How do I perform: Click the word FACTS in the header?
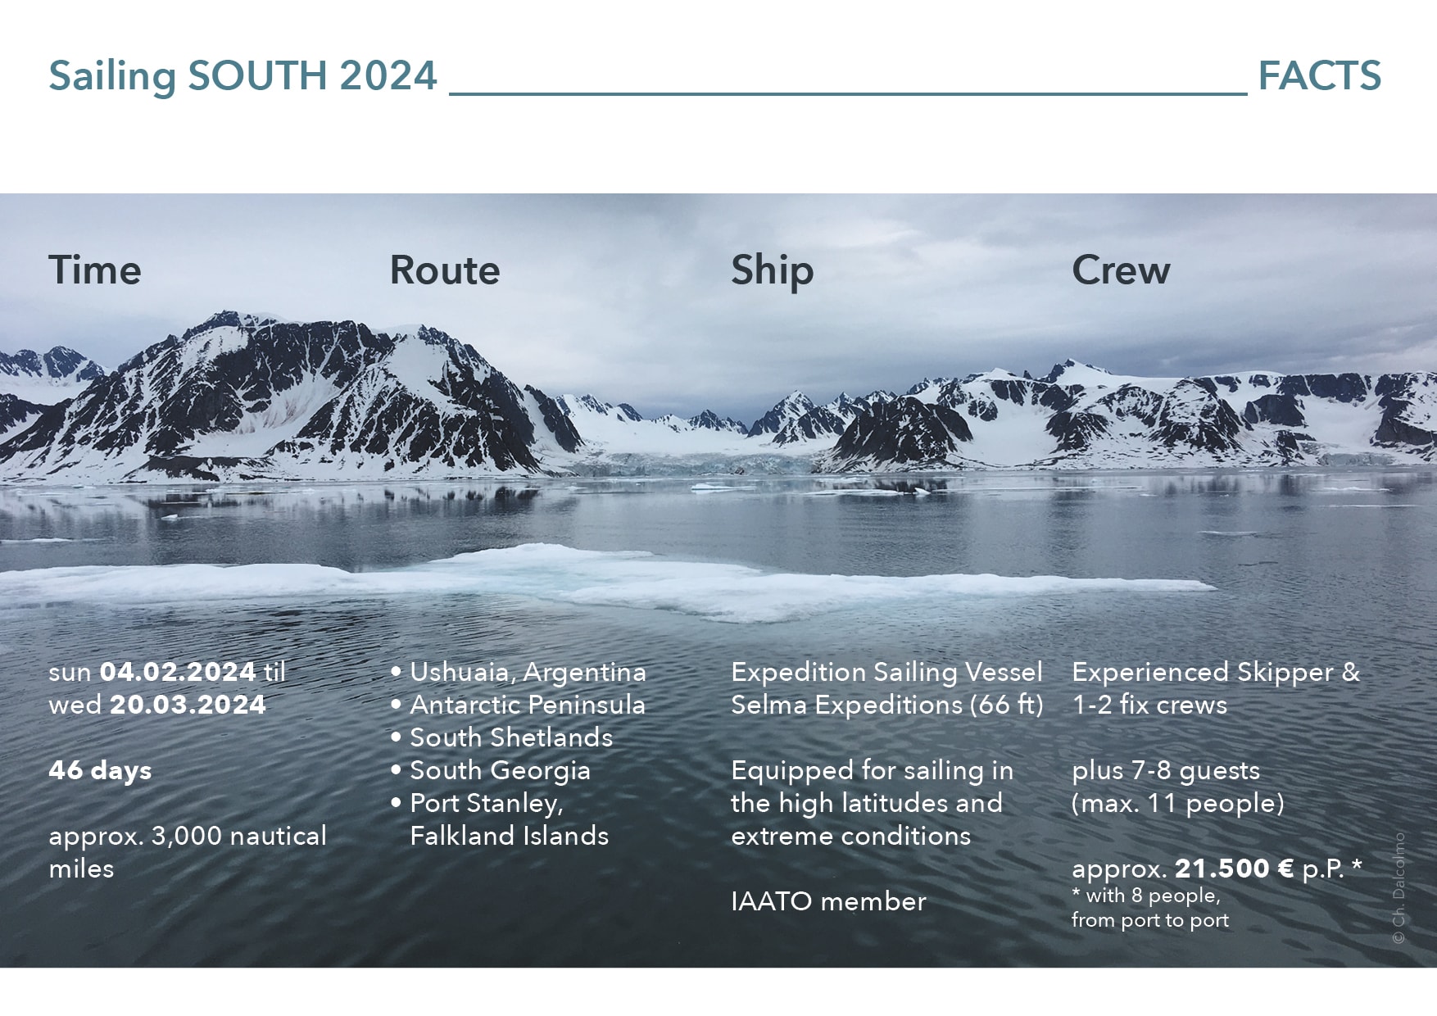point(1319,76)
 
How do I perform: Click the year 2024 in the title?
point(388,76)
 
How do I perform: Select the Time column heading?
point(95,270)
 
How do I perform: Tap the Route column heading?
point(445,270)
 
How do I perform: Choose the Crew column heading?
point(1122,270)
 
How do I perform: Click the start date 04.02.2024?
point(178,673)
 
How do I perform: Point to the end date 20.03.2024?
point(188,705)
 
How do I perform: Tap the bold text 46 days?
point(100,771)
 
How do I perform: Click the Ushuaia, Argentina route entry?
point(528,673)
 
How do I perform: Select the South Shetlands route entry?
point(511,738)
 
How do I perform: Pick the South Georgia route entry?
point(500,771)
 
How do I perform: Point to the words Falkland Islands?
point(510,837)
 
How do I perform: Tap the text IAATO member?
point(828,902)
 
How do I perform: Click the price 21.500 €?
point(1235,869)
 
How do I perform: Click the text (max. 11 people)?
point(1178,804)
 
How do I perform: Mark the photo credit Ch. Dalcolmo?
point(1399,889)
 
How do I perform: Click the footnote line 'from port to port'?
point(1150,921)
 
